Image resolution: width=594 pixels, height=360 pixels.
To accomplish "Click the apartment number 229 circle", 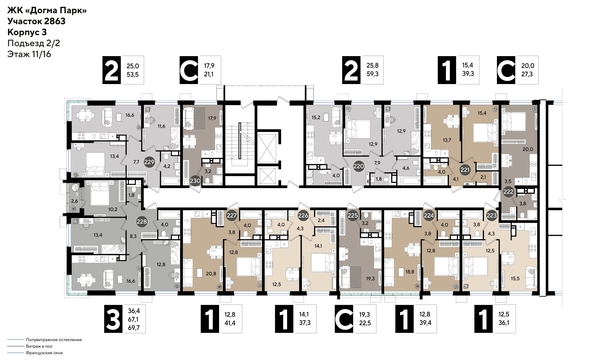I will pyautogui.click(x=149, y=159).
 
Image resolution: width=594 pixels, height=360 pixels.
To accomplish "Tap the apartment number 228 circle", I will pyautogui.click(x=142, y=221).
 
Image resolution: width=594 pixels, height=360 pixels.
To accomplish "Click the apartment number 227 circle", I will pyautogui.click(x=232, y=213).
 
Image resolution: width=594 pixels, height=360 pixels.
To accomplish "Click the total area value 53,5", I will pyautogui.click(x=157, y=74).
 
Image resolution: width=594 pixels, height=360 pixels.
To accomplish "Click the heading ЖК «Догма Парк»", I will pyautogui.click(x=41, y=9).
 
